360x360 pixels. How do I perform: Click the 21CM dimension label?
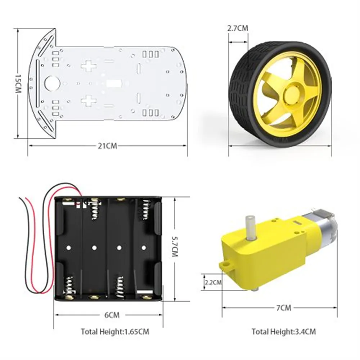click(x=108, y=146)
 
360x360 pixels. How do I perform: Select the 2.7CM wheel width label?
click(x=238, y=28)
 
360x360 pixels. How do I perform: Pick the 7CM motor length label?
click(x=284, y=308)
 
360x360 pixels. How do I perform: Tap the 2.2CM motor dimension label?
click(x=212, y=282)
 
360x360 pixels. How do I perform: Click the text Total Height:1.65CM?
click(x=114, y=332)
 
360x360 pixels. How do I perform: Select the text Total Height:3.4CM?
click(x=283, y=332)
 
